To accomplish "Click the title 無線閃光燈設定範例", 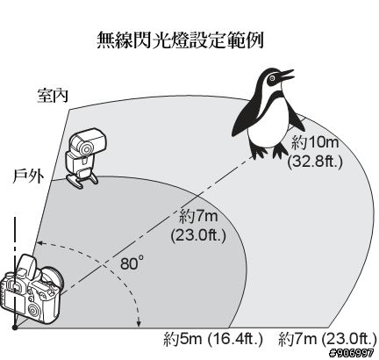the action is (x=180, y=40).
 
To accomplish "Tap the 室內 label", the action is (x=53, y=96).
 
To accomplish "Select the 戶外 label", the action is (x=28, y=176).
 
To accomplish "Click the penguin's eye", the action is (x=272, y=78).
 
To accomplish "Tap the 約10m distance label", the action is (x=315, y=143).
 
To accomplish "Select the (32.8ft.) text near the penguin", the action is (x=315, y=162).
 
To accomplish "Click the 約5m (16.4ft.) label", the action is (x=213, y=340).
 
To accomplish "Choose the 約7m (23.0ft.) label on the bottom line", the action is (x=328, y=340).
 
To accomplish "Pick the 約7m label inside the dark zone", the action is (x=199, y=217).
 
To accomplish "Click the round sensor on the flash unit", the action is (x=86, y=150).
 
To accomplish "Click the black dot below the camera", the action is (x=14, y=328).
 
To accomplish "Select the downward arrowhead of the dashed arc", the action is (x=139, y=323).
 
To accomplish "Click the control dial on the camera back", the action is (x=34, y=311).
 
